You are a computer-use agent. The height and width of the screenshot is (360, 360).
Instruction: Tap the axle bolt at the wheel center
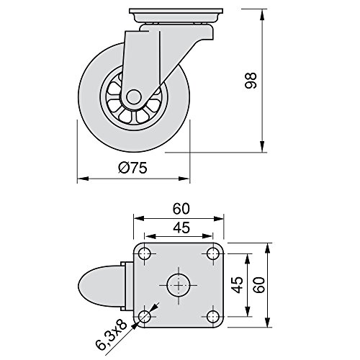[x=135, y=97]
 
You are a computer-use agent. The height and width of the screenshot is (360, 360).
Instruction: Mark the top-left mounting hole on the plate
[x=145, y=253]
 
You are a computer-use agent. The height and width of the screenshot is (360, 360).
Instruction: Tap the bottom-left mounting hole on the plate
[x=145, y=316]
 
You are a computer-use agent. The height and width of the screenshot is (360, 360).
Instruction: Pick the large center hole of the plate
[x=178, y=284]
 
